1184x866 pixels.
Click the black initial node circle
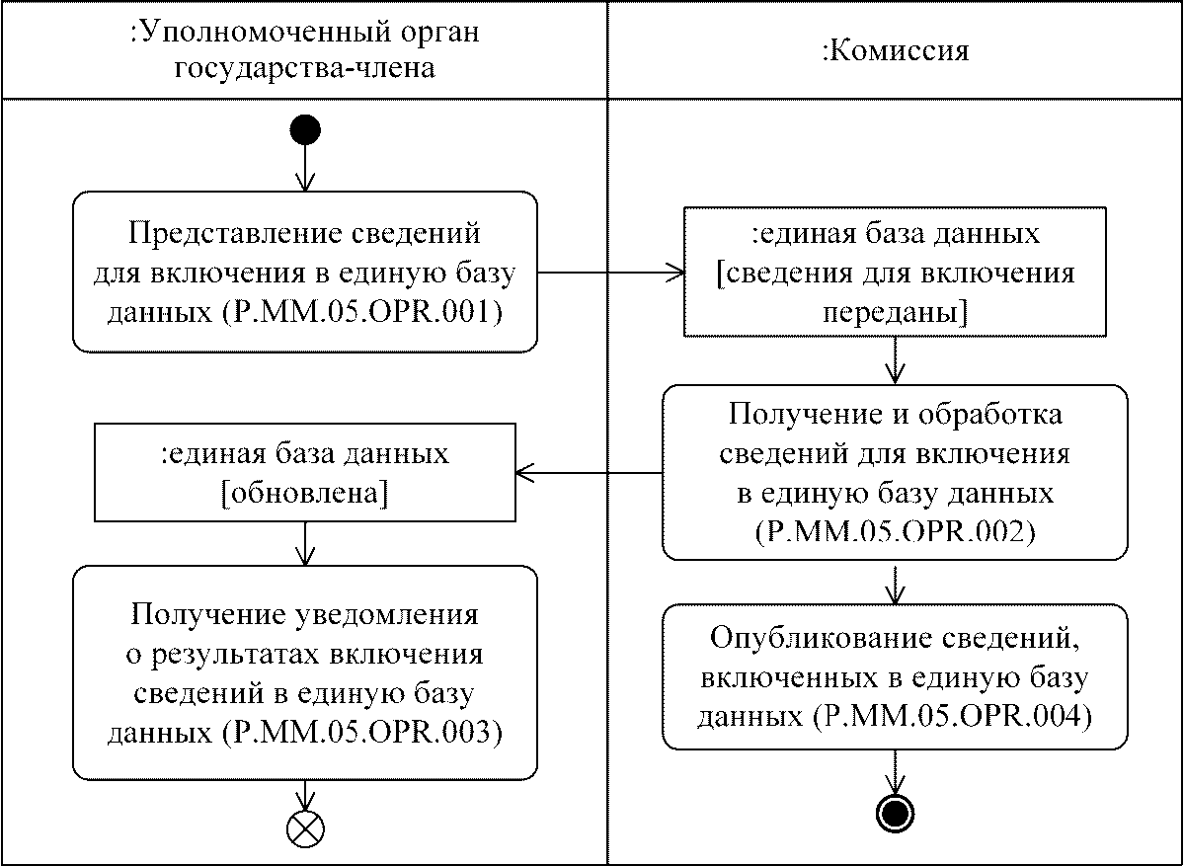tap(305, 129)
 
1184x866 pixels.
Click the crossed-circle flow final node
tap(305, 827)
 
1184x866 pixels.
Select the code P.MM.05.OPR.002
tap(895, 531)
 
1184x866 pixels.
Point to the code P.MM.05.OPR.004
tap(948, 716)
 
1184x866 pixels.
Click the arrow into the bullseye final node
tap(895, 771)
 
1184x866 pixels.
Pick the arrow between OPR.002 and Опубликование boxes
tap(895, 584)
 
